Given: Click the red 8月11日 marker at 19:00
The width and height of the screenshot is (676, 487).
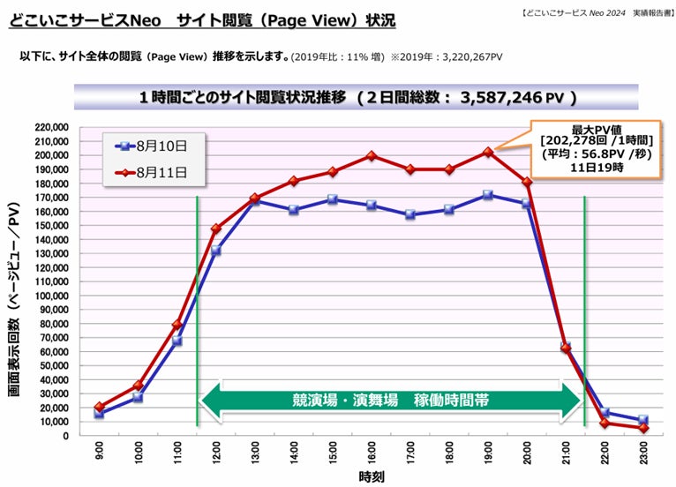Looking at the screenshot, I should (488, 152).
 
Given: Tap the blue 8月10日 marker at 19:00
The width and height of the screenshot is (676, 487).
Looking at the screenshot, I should (488, 194).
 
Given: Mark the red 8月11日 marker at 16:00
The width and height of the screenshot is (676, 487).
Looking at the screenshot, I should (372, 156).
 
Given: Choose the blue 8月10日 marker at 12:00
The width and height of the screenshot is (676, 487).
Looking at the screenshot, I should (215, 251).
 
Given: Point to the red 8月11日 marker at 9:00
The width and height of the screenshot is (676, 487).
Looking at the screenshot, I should (99, 407).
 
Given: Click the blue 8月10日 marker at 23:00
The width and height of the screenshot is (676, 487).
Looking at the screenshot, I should (643, 420).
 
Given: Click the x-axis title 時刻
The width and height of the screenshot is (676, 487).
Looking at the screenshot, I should (371, 476).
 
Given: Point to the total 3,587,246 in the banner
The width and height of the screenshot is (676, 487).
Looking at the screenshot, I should (511, 97).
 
